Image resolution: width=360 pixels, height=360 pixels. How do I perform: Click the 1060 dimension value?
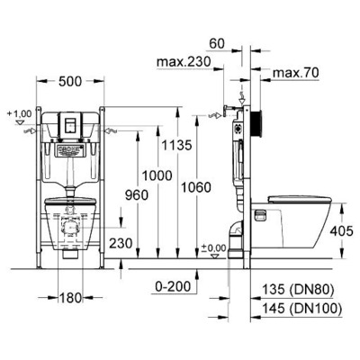click(195, 187)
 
